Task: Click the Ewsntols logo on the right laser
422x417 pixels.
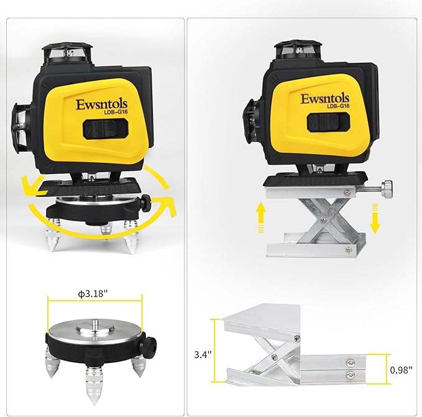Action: pyautogui.click(x=324, y=98)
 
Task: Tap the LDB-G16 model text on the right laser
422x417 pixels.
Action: pyautogui.click(x=337, y=107)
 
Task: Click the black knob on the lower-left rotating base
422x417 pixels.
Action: pyautogui.click(x=149, y=344)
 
